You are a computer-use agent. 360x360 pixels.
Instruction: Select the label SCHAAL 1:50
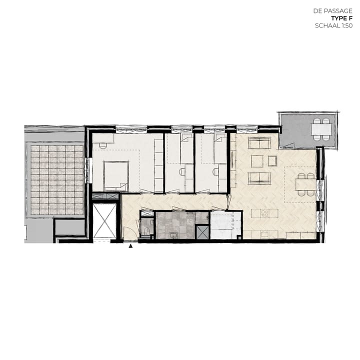pyautogui.click(x=334, y=25)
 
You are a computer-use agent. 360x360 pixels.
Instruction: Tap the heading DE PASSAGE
pyautogui.click(x=333, y=10)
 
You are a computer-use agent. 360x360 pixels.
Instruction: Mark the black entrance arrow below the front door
pyautogui.click(x=131, y=246)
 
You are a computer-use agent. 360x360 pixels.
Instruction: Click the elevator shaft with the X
pyautogui.click(x=105, y=221)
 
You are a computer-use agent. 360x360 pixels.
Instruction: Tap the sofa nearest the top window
pyautogui.click(x=259, y=143)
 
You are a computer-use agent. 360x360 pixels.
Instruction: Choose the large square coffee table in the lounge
pyautogui.click(x=257, y=161)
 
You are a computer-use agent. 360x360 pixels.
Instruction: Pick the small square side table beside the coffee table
pyautogui.click(x=272, y=160)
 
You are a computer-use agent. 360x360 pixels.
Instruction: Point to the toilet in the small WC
pyautogui.click(x=146, y=231)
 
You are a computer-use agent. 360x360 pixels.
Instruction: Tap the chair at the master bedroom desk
pyautogui.click(x=102, y=144)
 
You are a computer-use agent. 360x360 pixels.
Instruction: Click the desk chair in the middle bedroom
pyautogui.click(x=182, y=171)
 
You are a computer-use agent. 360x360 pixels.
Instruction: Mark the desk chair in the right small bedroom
pyautogui.click(x=215, y=171)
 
